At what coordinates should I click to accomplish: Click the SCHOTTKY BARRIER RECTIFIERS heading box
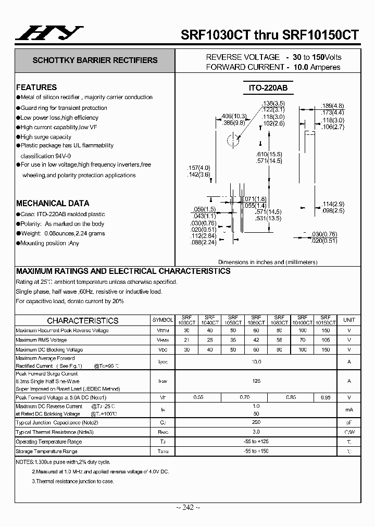pyautogui.click(x=95, y=60)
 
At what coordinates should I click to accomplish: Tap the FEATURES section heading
pyautogui.click(x=36, y=87)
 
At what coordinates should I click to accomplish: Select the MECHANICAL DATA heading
pyautogui.click(x=53, y=203)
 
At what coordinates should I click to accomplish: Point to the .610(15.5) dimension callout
pyautogui.click(x=269, y=155)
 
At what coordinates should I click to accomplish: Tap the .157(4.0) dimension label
pyautogui.click(x=198, y=168)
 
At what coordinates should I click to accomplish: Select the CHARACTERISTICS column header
pyautogui.click(x=83, y=321)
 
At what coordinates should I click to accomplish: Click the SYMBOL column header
pyautogui.click(x=162, y=320)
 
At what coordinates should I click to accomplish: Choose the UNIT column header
pyautogui.click(x=349, y=320)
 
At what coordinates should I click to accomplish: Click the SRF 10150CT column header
pyautogui.click(x=326, y=320)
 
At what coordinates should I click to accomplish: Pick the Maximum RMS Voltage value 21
pyautogui.click(x=186, y=340)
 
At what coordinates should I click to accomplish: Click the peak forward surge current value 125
pyautogui.click(x=256, y=381)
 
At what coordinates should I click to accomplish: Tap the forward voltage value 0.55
pyautogui.click(x=198, y=397)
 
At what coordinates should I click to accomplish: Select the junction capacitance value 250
pyautogui.click(x=256, y=422)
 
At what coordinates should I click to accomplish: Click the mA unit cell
pyautogui.click(x=349, y=409)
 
